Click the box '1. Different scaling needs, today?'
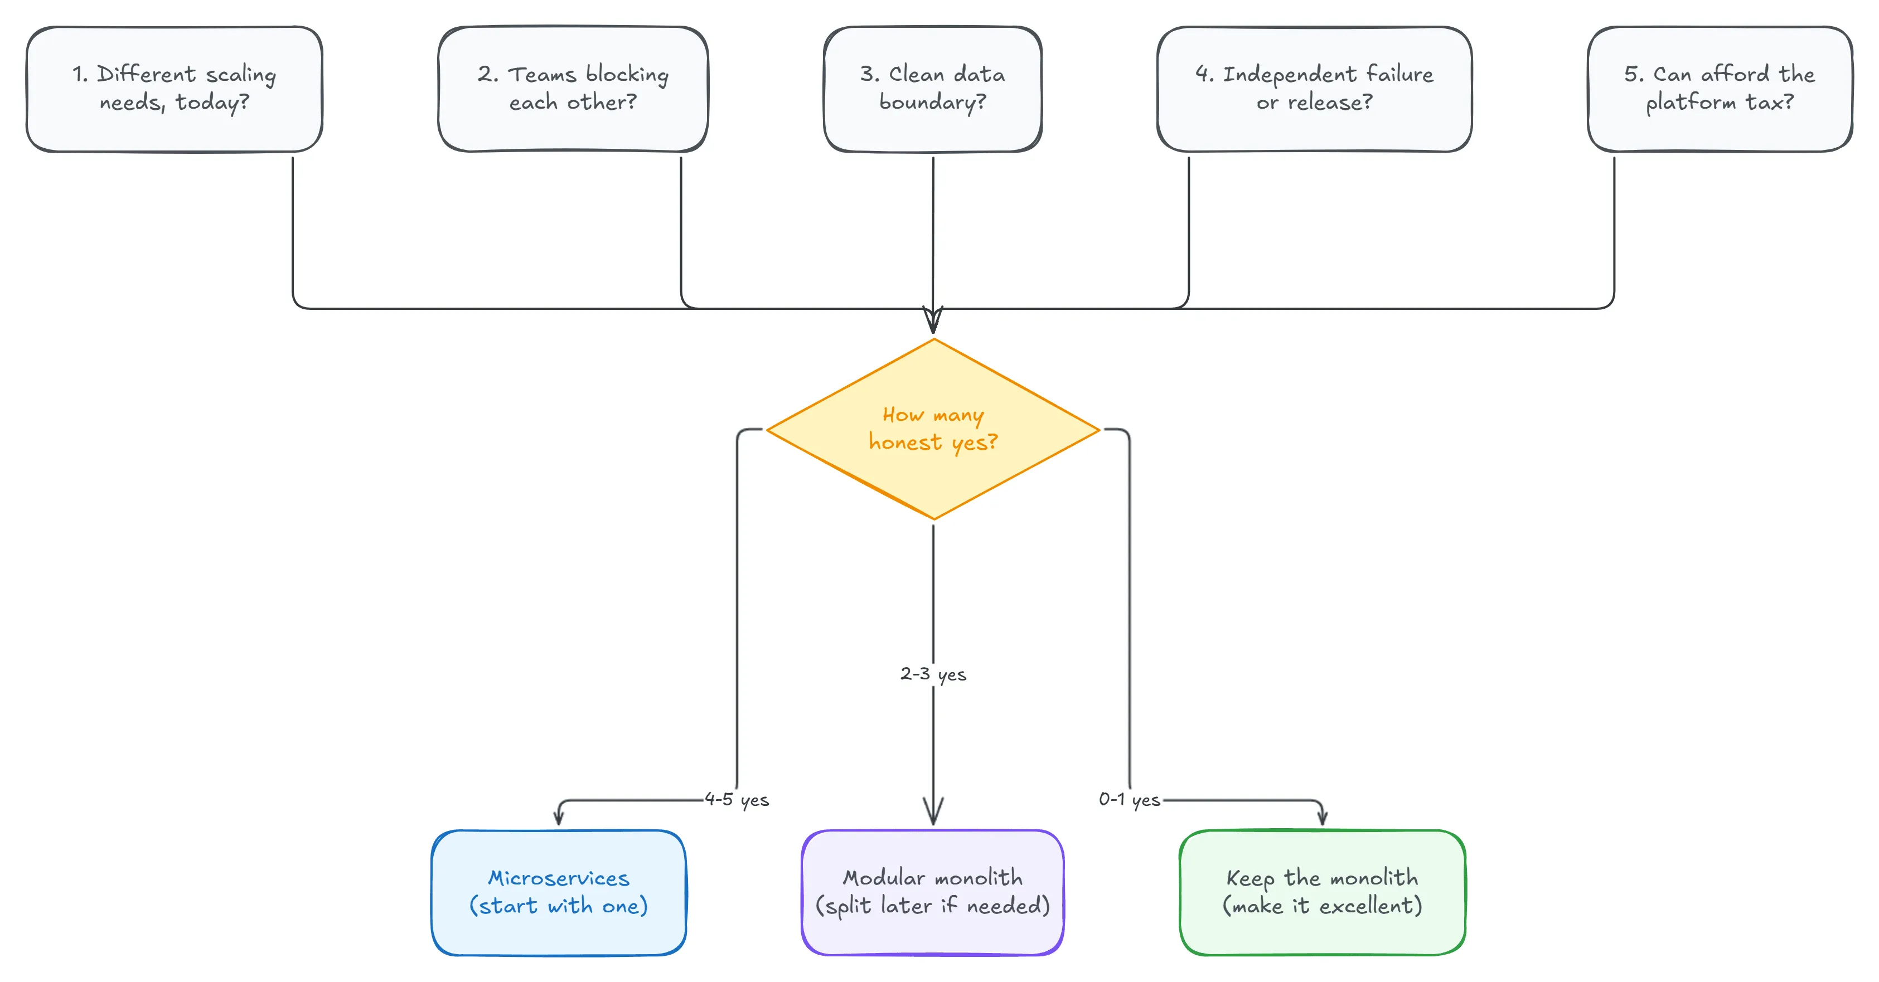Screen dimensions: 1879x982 point(175,89)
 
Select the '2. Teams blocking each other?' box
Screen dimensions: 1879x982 point(573,89)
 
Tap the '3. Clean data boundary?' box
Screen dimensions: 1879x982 point(932,89)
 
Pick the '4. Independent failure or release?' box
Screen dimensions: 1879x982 point(1314,89)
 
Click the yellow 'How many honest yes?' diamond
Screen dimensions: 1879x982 point(933,429)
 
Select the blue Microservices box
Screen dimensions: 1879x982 point(559,892)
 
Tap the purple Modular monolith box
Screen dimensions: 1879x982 point(932,892)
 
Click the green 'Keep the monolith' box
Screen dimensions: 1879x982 point(1322,892)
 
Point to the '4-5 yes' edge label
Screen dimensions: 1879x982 point(737,800)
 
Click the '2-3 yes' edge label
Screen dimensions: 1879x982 point(933,674)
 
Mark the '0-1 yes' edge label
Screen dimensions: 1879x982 point(1129,800)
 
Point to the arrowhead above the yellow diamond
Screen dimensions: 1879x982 point(933,321)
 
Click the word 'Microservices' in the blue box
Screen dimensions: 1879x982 point(559,878)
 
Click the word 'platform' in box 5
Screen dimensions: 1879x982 point(1691,103)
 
